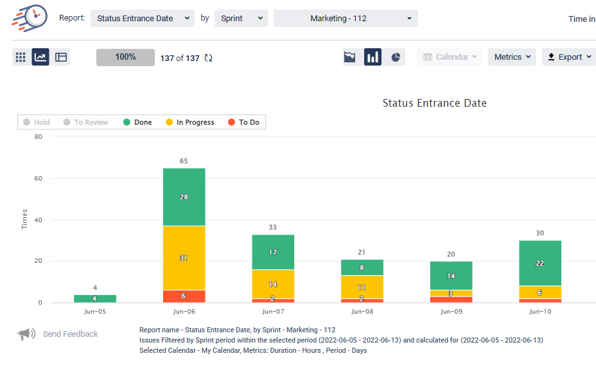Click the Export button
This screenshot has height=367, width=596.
tap(568, 57)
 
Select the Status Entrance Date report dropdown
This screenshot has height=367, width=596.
tap(142, 18)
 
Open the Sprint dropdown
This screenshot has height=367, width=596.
tap(240, 18)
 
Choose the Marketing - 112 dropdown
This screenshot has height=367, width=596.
tap(346, 18)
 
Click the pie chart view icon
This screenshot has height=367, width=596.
tap(396, 57)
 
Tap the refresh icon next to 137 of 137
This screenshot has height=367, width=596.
tap(208, 58)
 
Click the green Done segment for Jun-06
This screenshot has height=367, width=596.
tap(184, 197)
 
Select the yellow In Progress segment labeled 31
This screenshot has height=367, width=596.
tap(184, 258)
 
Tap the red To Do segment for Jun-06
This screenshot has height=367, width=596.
tap(184, 296)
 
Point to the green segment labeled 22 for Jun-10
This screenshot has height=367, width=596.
tap(539, 263)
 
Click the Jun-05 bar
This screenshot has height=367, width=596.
tap(95, 299)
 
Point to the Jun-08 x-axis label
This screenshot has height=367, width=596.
tap(362, 312)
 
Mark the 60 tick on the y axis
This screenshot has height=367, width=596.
tap(39, 178)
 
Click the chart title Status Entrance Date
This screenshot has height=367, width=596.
tap(434, 103)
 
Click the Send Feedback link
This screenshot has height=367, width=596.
tap(70, 334)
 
